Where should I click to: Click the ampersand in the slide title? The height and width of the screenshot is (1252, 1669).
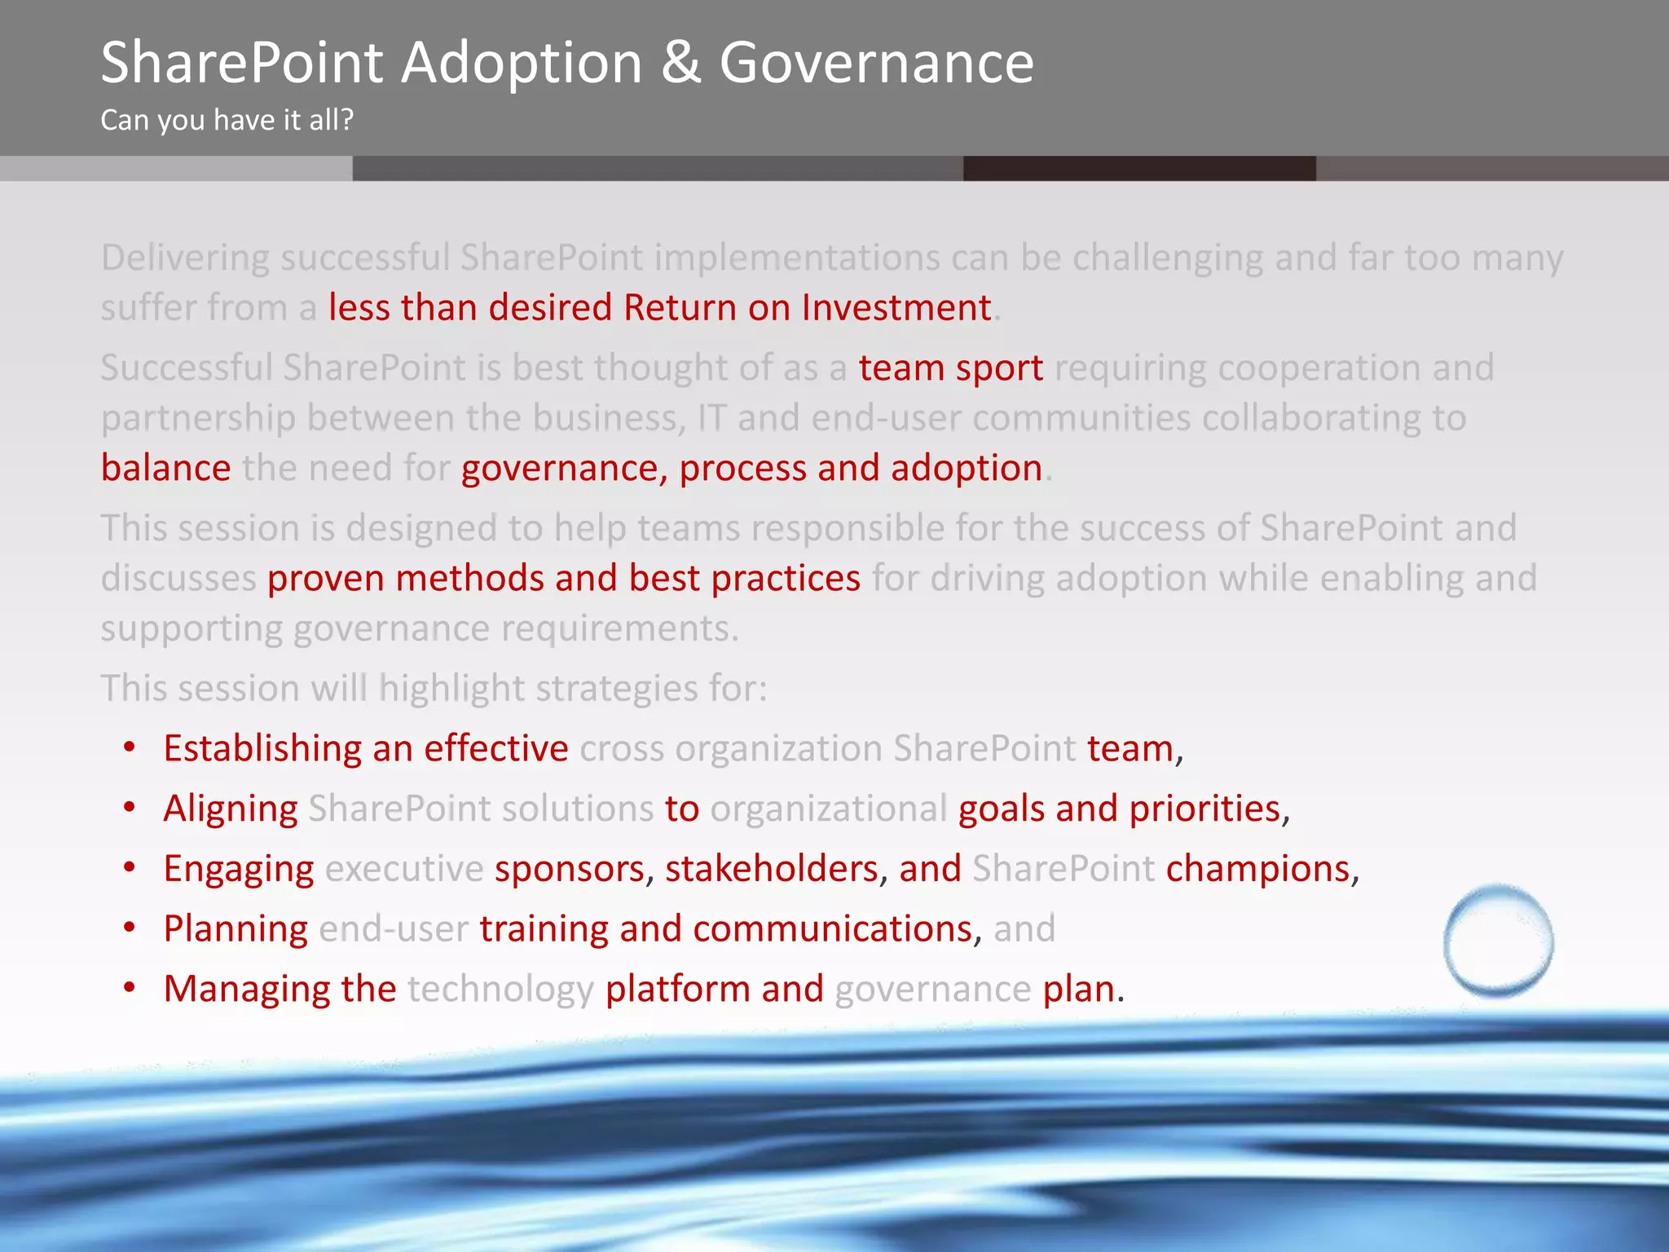point(680,63)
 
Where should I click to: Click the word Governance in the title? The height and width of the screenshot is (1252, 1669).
point(876,63)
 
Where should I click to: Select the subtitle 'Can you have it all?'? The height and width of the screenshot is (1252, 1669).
point(227,120)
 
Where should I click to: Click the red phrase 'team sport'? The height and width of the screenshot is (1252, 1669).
point(950,368)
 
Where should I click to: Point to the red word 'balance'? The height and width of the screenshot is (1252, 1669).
point(166,469)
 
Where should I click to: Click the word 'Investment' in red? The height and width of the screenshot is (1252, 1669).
point(896,308)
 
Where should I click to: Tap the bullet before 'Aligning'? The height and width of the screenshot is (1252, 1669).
point(130,808)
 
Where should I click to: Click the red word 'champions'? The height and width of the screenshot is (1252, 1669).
point(1257,869)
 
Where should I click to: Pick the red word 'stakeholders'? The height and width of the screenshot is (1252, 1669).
point(771,869)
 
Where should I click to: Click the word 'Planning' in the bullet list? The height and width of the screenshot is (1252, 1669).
point(236,929)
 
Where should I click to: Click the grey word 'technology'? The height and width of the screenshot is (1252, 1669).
point(500,990)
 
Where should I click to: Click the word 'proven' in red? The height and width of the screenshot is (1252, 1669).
point(325,579)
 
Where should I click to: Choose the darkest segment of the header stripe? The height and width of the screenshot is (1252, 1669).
point(1138,168)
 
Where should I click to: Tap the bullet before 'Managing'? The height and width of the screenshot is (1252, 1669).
point(130,988)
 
